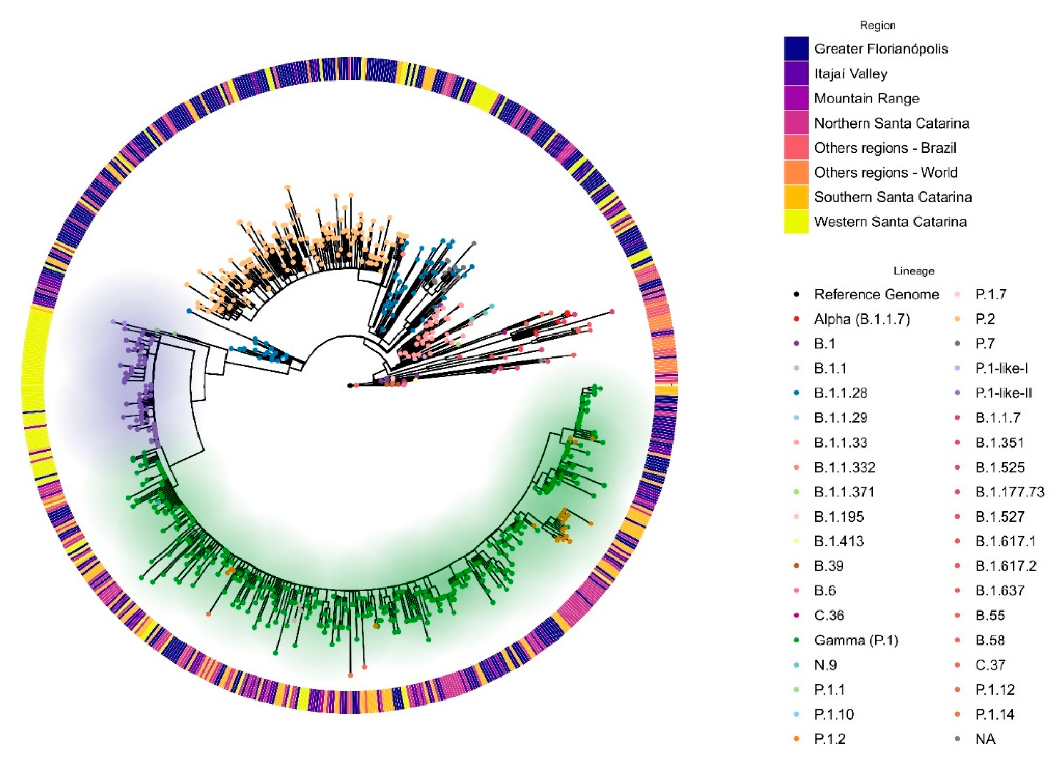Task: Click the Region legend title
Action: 877,26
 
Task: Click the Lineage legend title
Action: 913,271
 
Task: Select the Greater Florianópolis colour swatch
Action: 796,49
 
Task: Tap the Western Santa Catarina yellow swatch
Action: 796,222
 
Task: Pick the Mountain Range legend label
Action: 866,99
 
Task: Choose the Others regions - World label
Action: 885,173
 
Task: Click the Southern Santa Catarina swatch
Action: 796,197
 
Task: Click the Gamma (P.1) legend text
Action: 856,640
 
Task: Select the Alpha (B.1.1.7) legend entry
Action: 862,319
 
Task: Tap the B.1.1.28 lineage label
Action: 840,393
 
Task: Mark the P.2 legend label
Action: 985,319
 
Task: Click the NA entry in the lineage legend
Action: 985,739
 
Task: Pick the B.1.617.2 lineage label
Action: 1006,566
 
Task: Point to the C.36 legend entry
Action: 829,616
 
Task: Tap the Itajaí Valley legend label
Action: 850,74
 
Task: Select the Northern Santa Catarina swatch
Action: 796,123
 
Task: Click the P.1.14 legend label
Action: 995,714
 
